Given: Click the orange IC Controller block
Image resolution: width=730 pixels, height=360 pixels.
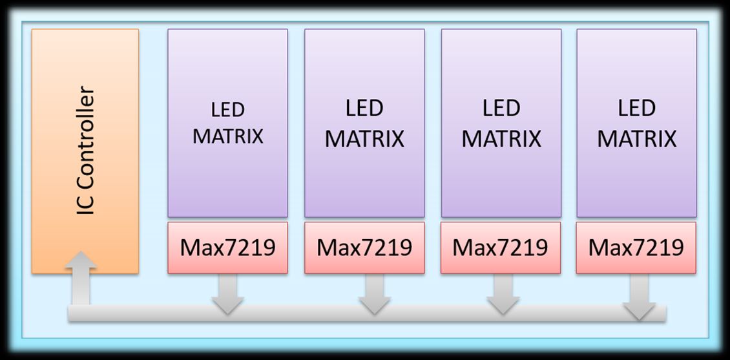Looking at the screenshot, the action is pos(85,151).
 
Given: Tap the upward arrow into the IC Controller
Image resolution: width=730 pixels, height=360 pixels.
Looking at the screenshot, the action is pos(81,279).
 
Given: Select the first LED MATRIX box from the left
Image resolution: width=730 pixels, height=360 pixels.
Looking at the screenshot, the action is pos(227,123).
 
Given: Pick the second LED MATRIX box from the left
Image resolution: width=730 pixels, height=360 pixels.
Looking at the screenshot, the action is pos(364,123).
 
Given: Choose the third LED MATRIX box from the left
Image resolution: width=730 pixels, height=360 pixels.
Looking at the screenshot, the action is pos(501,123).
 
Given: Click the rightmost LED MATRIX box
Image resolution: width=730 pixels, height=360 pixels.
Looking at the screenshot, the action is pos(636,123).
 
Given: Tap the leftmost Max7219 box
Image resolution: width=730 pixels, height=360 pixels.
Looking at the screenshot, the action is pos(227,248).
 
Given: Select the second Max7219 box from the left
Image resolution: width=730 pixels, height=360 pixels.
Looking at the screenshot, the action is pos(364,248).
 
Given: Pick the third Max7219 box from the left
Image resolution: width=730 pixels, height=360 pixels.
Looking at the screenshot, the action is pos(501,248).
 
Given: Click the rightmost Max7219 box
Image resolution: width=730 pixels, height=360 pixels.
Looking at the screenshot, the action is pos(636,248).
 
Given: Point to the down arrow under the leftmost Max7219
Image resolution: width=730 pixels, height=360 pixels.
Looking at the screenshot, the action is pos(227,294).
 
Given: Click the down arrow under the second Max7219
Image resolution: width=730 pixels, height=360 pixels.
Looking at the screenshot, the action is pos(374,294).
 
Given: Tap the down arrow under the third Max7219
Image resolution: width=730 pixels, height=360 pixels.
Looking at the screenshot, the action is pos(503,294).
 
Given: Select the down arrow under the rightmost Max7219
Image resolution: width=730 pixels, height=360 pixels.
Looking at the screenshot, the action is pos(639,297).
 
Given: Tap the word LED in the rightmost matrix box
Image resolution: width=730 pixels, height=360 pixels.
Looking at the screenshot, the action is pos(636,108).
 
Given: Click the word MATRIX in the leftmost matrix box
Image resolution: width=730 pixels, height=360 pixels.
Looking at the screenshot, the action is pos(228,136).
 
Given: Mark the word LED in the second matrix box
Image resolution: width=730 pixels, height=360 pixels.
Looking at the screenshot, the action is pos(364,108).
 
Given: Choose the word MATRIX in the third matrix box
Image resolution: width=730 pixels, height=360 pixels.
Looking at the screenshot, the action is pos(501,139).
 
